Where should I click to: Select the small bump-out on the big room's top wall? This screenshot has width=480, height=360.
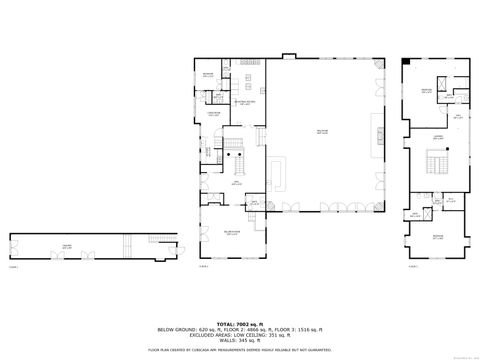(291, 56)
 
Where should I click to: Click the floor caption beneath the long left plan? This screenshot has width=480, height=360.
(14, 267)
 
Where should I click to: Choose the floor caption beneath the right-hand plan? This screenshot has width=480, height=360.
(413, 267)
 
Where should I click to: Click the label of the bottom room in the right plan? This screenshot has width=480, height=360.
(438, 237)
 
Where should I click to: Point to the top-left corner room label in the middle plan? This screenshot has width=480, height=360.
(208, 75)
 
